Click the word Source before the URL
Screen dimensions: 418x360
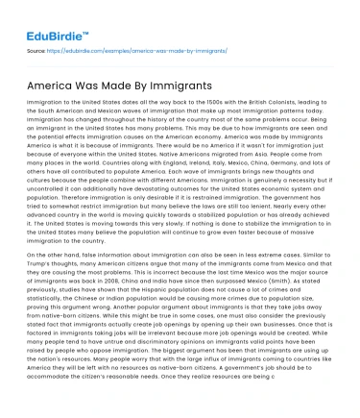(x=36, y=47)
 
